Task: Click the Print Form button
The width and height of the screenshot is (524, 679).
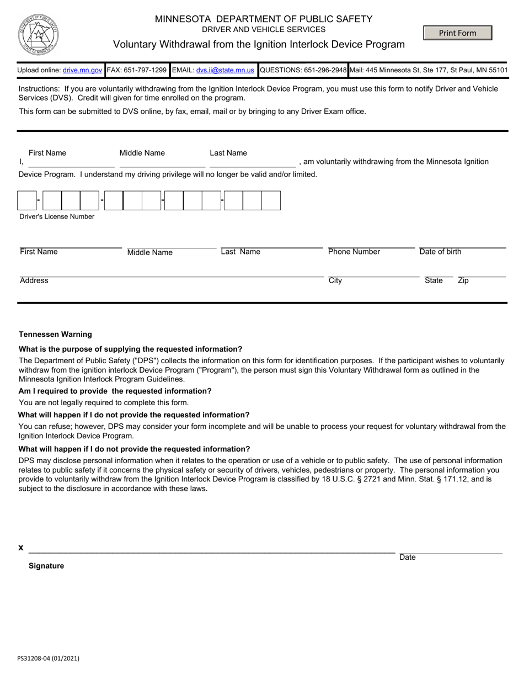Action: click(457, 33)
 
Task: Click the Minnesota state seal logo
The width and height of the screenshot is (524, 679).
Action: click(38, 34)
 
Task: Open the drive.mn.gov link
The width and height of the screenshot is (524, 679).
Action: click(82, 71)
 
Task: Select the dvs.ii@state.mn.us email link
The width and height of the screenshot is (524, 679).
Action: click(225, 71)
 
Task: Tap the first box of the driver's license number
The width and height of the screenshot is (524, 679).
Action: click(27, 200)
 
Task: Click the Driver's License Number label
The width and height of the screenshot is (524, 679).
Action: click(57, 217)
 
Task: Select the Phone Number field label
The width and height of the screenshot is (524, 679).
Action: click(354, 252)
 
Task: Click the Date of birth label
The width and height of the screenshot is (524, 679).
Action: click(440, 252)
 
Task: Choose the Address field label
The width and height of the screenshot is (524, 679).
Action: click(34, 280)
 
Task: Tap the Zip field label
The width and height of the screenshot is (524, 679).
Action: click(463, 280)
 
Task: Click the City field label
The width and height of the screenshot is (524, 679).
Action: click(335, 280)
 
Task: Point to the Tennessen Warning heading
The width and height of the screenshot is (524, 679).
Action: click(55, 335)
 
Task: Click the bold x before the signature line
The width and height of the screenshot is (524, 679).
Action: click(21, 548)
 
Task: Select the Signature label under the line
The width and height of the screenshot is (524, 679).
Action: click(46, 566)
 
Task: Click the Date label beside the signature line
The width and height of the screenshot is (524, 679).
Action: click(408, 558)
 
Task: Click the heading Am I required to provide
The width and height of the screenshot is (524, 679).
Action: click(115, 391)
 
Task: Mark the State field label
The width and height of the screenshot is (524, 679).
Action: click(434, 280)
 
